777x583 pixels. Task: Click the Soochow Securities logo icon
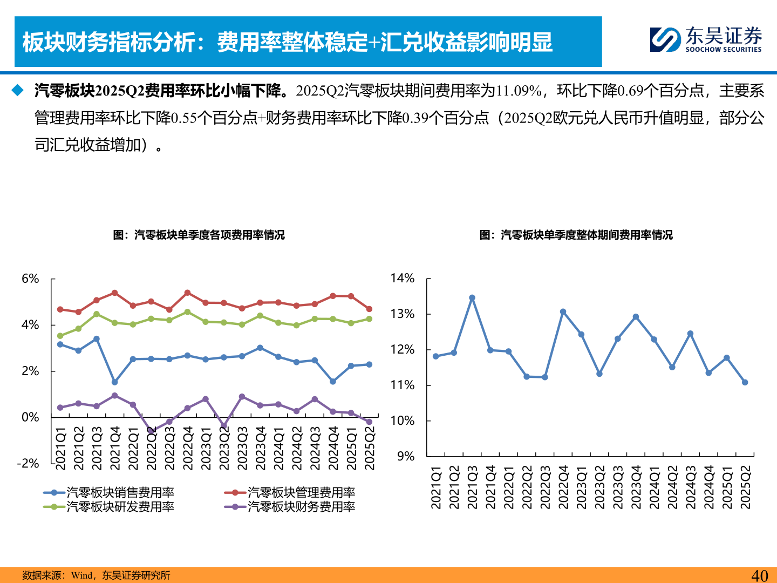pos(665,39)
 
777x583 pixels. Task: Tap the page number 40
pos(759,575)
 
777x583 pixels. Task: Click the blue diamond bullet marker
pos(18,90)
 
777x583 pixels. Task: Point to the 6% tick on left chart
pos(30,279)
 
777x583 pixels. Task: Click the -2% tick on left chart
pos(28,464)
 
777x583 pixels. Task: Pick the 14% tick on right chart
pos(403,279)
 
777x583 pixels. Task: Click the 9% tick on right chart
pos(406,457)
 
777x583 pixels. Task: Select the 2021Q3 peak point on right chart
pos(472,298)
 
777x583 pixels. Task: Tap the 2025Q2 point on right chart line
pos(745,382)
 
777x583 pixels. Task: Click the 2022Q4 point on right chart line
pos(563,312)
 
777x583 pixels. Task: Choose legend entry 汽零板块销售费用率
pos(120,492)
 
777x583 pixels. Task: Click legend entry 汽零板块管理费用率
pos(301,492)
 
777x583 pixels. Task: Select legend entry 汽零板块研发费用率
pos(120,506)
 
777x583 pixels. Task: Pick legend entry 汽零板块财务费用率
pos(301,506)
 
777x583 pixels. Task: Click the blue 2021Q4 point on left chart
pos(114,382)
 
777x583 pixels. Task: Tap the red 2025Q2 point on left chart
pos(369,309)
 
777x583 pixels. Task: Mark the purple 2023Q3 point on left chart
pos(242,397)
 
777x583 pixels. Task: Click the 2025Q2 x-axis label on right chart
pos(746,487)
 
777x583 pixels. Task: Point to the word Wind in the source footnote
pos(82,575)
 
